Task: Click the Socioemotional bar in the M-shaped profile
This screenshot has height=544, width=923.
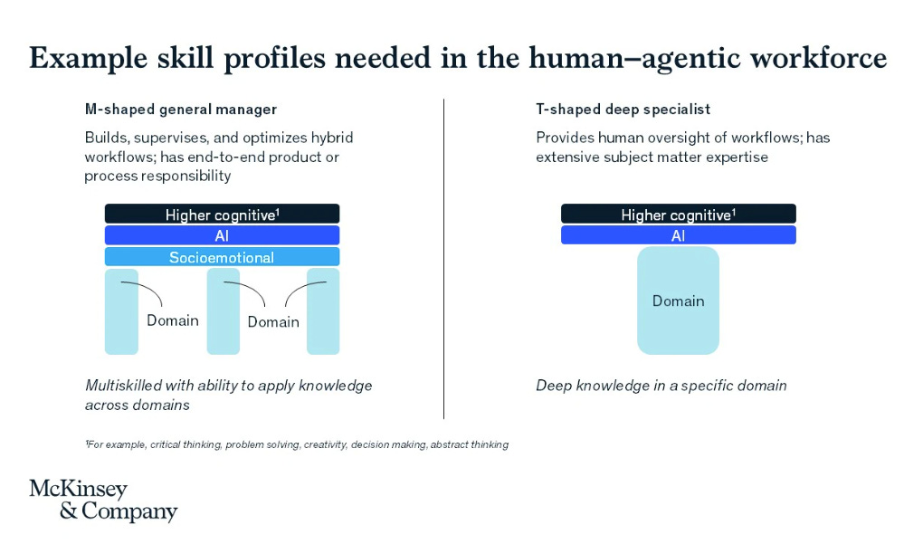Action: tap(222, 257)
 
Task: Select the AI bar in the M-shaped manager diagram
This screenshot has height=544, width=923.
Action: tap(222, 235)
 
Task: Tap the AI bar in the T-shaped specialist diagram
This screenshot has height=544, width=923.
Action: tap(678, 235)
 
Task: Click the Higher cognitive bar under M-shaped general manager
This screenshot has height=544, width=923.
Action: tap(222, 215)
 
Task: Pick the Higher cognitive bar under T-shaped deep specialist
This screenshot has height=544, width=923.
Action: tap(678, 215)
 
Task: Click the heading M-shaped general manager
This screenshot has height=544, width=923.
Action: tap(180, 110)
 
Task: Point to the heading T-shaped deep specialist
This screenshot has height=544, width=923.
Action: tap(623, 110)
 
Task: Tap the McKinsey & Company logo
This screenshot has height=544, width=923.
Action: tap(102, 501)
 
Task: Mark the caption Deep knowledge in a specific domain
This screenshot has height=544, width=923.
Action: tap(661, 386)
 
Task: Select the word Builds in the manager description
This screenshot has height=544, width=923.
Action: tap(103, 138)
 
